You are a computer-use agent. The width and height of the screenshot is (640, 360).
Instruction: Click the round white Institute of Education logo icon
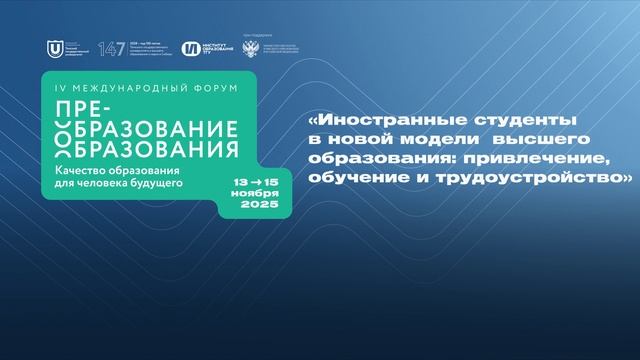(189, 48)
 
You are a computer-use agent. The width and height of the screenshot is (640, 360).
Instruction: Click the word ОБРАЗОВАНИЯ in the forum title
(163, 149)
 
